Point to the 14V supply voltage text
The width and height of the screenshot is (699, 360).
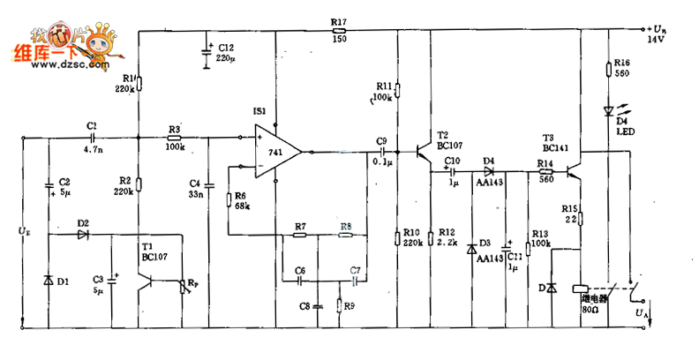point(654,40)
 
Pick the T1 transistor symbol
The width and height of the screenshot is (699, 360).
point(152,281)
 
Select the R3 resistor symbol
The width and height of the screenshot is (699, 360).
point(174,138)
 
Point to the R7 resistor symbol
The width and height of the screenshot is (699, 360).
point(300,235)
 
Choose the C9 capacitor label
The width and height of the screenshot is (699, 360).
point(381,146)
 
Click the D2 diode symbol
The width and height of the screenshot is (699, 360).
point(84,235)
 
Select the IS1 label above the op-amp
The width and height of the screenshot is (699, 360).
point(259,112)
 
